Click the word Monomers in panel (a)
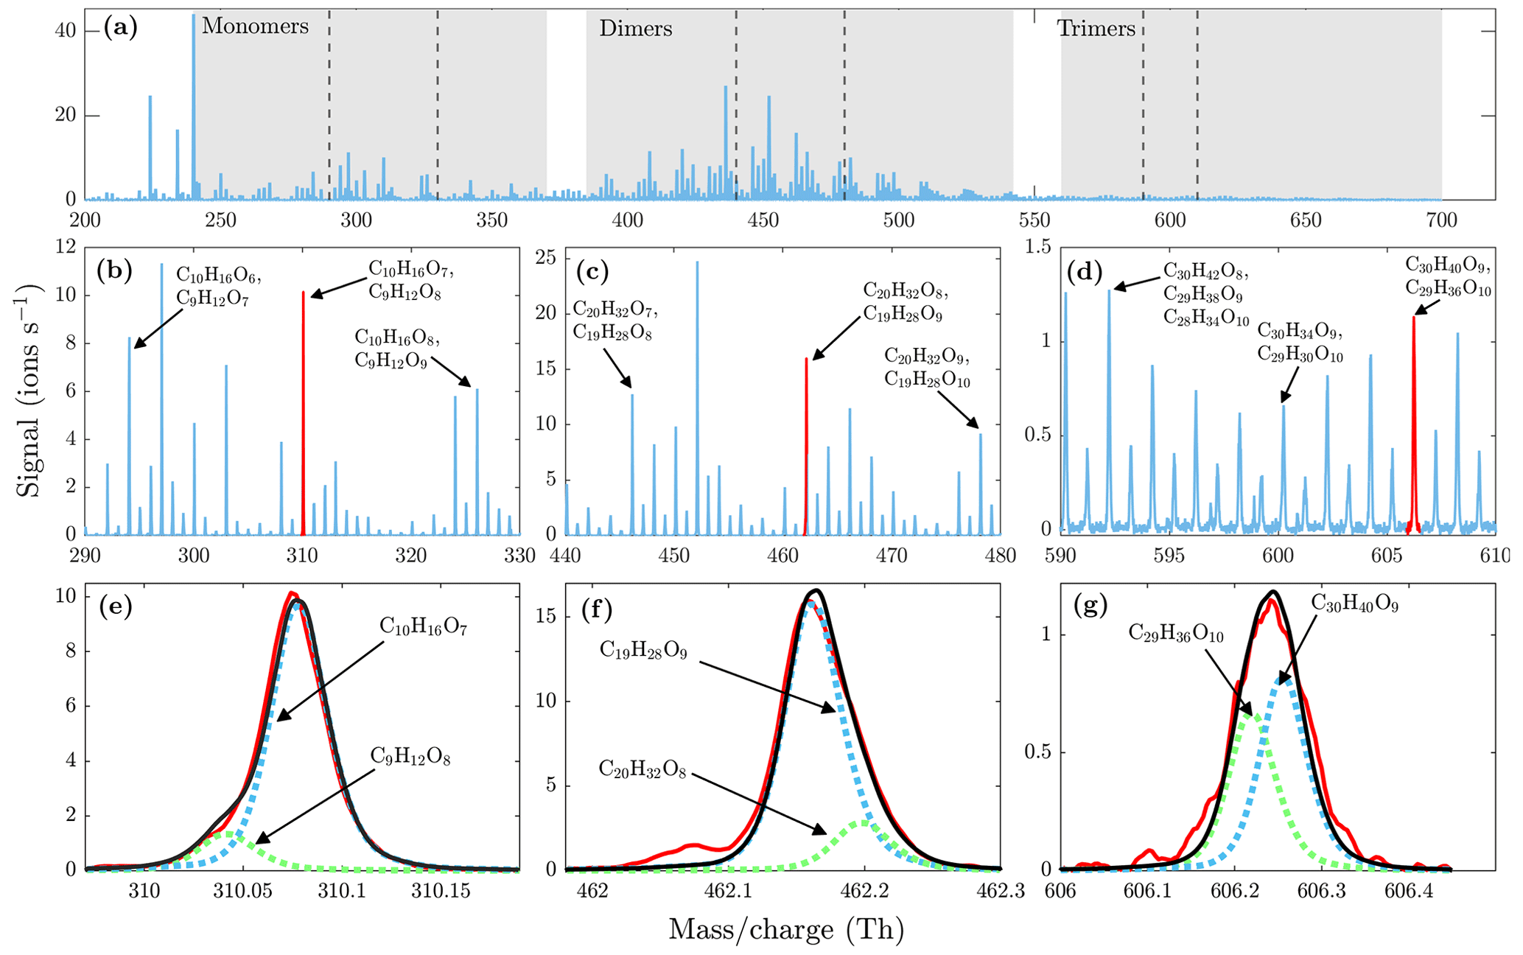[x=255, y=27]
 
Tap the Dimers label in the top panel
[x=635, y=29]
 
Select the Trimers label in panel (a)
[x=1096, y=29]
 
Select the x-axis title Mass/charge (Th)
[x=785, y=930]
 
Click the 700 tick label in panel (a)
[x=1441, y=220]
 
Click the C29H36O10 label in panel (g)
[x=1176, y=634]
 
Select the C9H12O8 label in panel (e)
[x=410, y=757]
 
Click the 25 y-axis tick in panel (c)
[x=546, y=257]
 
